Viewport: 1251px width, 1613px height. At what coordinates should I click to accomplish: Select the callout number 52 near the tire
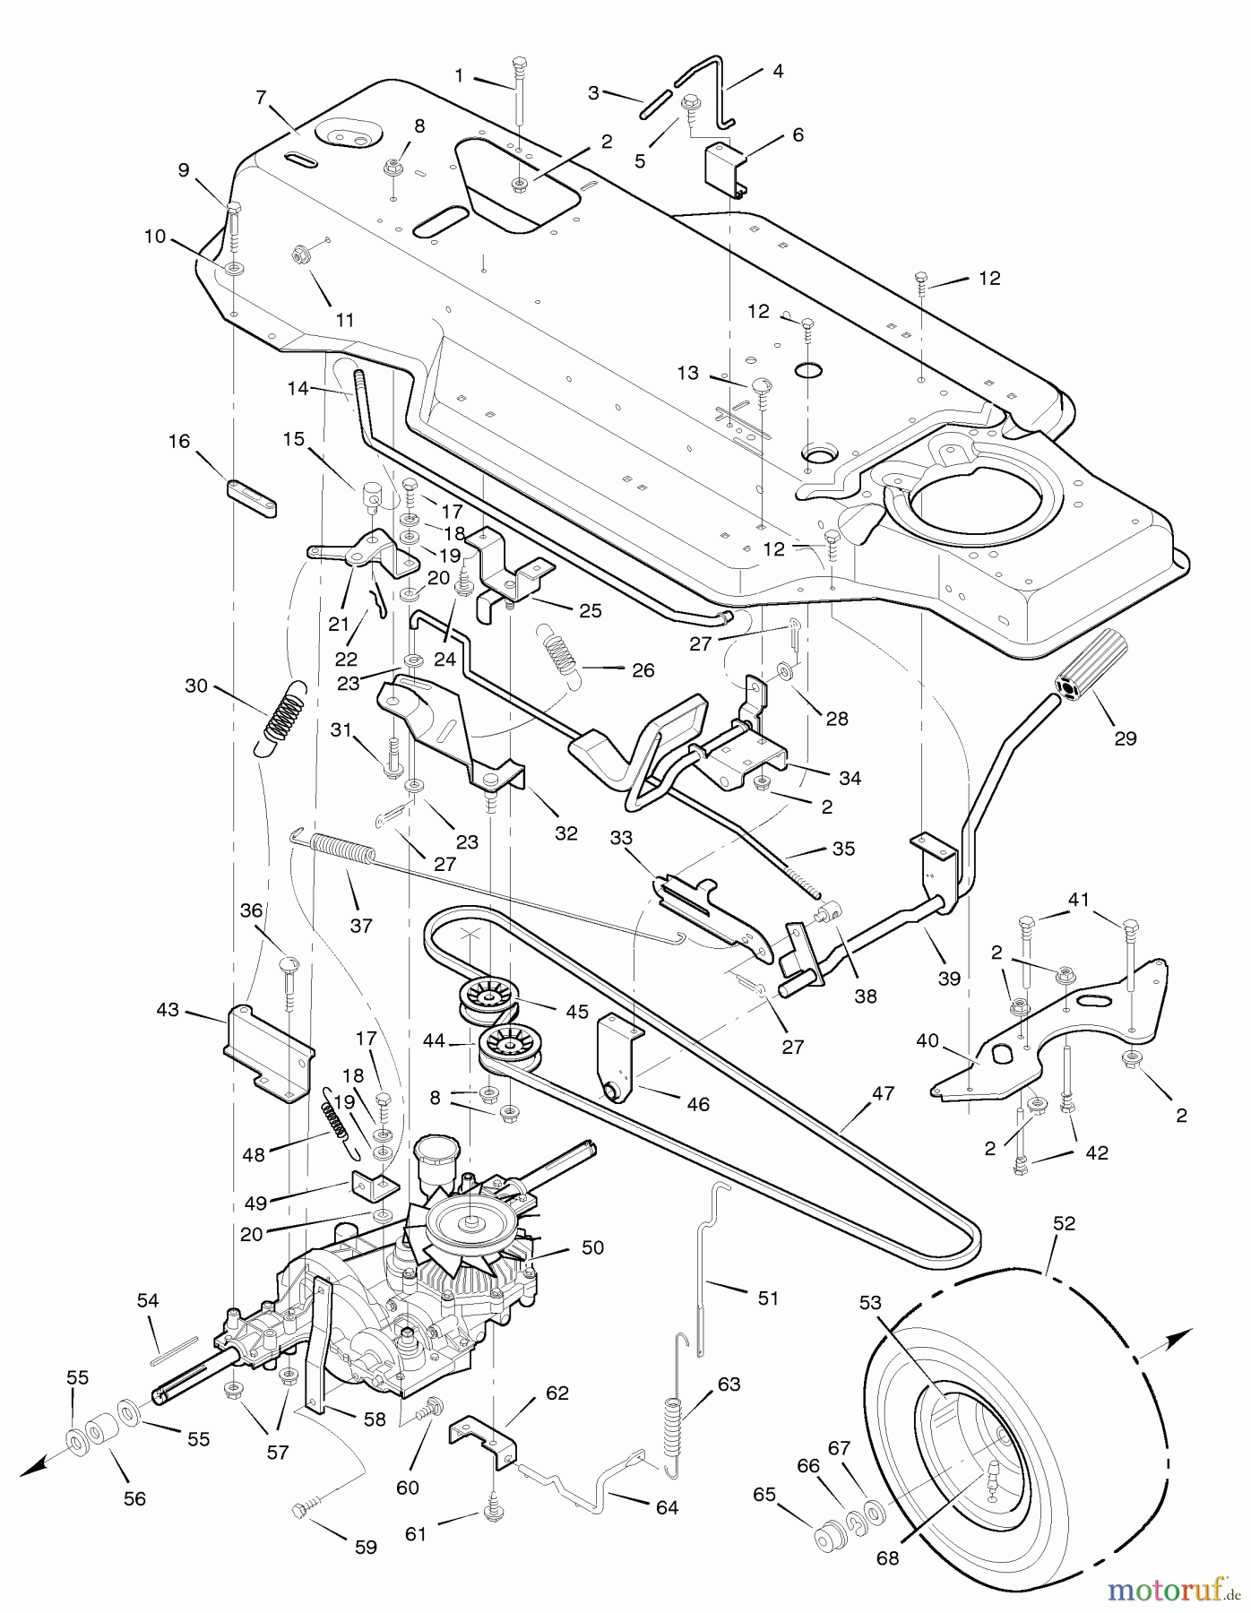pyautogui.click(x=1064, y=1223)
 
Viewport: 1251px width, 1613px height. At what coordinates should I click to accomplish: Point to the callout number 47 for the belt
pyautogui.click(x=883, y=1093)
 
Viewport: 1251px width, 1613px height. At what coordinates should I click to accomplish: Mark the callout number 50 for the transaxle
pyautogui.click(x=592, y=1247)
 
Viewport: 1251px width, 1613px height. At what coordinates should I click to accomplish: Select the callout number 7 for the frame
pyautogui.click(x=261, y=98)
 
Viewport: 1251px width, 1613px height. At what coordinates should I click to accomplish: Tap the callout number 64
pyautogui.click(x=667, y=1507)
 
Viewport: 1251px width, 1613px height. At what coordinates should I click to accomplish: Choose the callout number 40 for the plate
pyautogui.click(x=927, y=1040)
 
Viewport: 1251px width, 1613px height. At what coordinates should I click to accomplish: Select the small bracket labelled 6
pyautogui.click(x=725, y=168)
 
